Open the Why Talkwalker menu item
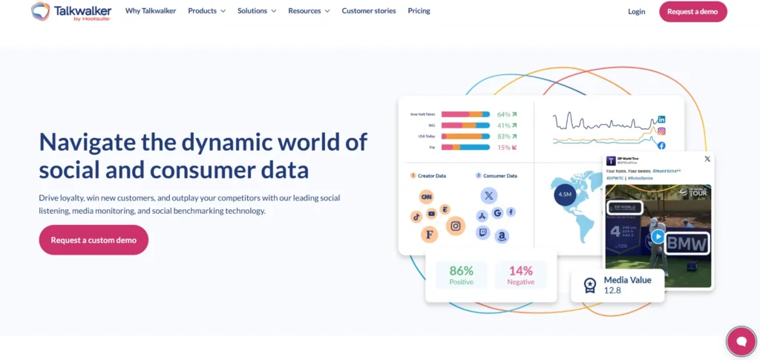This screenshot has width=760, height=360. pos(151,11)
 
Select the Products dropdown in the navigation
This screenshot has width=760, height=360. pos(206,11)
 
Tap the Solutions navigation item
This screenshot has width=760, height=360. pos(257,11)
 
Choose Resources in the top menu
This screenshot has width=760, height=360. pos(309,11)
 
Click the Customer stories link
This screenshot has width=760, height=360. pos(369,11)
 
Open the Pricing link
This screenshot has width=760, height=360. pos(419,11)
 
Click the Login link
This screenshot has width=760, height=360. pos(636,11)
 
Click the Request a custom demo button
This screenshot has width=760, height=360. pos(94,240)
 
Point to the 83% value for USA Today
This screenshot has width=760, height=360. pos(504,137)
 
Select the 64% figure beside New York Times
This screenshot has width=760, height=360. pos(504,114)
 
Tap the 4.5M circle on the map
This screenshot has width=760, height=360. pos(564,194)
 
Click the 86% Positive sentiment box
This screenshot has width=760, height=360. pos(461,275)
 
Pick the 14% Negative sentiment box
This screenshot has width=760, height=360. pos(520,275)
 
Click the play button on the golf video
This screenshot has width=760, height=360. pos(658,237)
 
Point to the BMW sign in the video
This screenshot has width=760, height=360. pos(687,243)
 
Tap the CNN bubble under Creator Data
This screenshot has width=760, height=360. pos(426,197)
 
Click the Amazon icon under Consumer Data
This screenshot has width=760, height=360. pos(502,236)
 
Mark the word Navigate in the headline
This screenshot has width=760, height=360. pos(84,141)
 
